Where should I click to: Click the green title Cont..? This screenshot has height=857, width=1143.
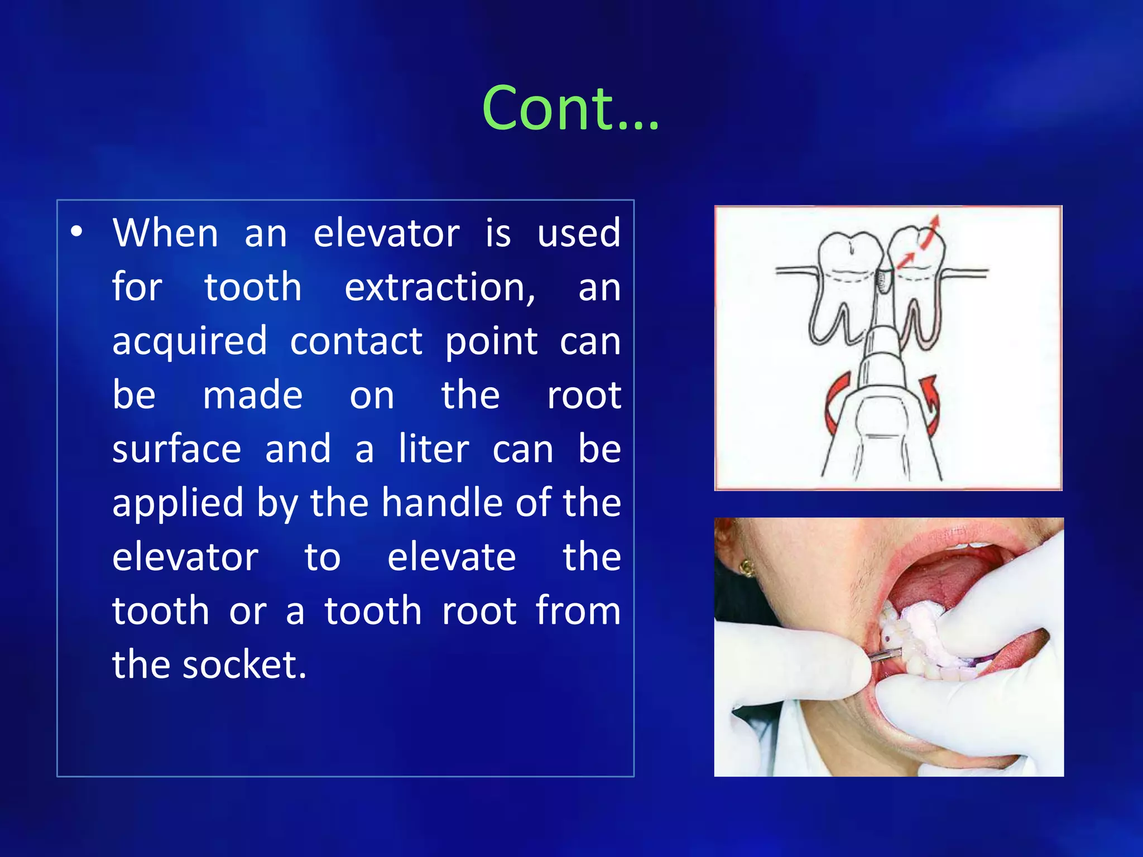tap(570, 109)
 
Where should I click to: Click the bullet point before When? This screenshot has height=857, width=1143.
tap(77, 232)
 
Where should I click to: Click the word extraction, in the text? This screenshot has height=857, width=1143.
tap(440, 288)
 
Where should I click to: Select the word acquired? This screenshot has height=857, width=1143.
tap(190, 342)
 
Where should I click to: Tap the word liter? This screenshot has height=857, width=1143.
tap(434, 450)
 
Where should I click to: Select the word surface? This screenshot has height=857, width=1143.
tap(176, 450)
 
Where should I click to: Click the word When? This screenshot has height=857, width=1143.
tap(165, 233)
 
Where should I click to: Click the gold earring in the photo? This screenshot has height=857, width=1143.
tap(746, 569)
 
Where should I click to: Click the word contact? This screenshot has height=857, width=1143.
tap(356, 342)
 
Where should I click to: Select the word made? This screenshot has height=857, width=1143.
tap(252, 396)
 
